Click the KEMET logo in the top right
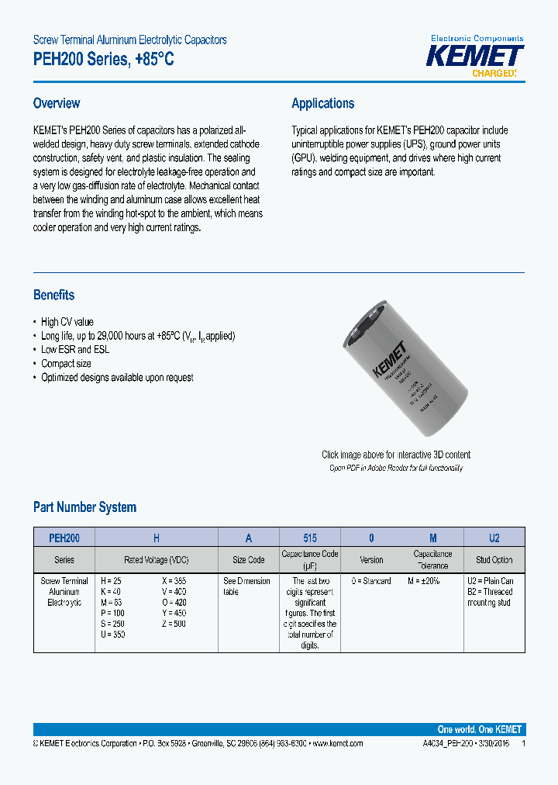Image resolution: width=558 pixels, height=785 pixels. [x=477, y=57]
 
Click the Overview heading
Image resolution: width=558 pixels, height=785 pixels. [x=57, y=103]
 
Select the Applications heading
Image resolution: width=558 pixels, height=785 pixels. [x=322, y=103]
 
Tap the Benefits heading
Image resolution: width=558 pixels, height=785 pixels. [x=53, y=295]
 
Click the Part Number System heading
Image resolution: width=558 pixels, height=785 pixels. [x=84, y=507]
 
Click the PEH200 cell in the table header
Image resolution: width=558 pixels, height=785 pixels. [x=64, y=538]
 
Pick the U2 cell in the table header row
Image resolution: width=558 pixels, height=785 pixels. [x=494, y=538]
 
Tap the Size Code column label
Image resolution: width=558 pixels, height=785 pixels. [x=249, y=559]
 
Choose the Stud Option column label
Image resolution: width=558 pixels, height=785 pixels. [x=494, y=559]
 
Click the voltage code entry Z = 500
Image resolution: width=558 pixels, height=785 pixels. [x=174, y=624]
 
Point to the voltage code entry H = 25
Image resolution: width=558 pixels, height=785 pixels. [x=112, y=581]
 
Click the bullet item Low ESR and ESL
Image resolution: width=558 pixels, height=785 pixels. [x=75, y=350]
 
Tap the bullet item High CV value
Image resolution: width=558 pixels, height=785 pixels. [x=67, y=322]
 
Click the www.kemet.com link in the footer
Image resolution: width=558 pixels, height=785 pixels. [x=336, y=743]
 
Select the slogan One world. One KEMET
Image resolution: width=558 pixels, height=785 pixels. [x=479, y=729]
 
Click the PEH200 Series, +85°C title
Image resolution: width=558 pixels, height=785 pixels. [x=104, y=59]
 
